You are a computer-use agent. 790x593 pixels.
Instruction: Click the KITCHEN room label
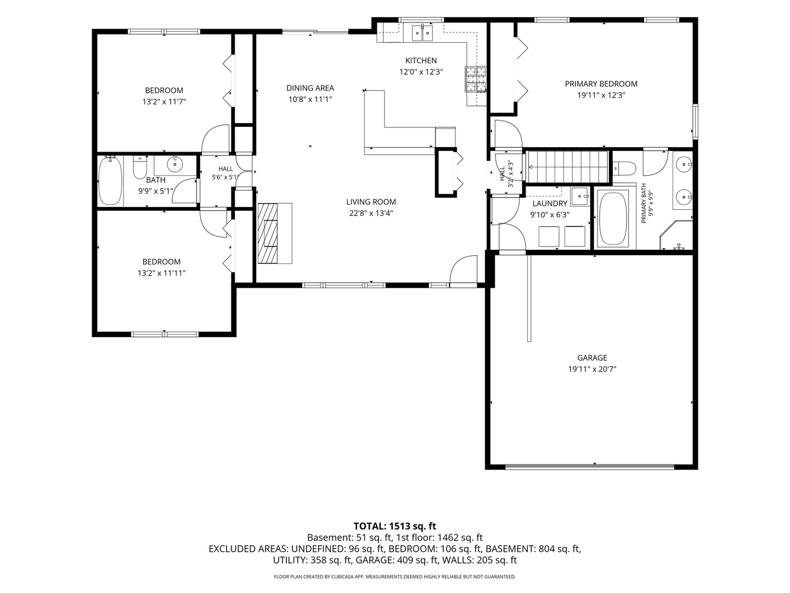[421, 60]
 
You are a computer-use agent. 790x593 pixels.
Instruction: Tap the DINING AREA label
[310, 88]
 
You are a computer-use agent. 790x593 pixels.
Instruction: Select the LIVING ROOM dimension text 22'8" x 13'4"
[371, 213]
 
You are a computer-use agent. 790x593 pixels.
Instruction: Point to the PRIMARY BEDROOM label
[601, 84]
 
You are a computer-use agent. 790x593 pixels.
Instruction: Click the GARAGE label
[592, 357]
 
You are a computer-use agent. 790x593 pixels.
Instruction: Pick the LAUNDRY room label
[550, 203]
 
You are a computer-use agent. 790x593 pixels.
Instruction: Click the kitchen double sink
[422, 33]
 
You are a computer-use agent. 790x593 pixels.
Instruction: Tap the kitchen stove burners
[476, 80]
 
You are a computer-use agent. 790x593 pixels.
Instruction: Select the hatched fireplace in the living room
[268, 234]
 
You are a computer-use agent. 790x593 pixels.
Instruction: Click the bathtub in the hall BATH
[110, 181]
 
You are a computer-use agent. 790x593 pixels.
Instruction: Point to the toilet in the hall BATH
[140, 167]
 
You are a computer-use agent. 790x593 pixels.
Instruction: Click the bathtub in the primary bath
[613, 219]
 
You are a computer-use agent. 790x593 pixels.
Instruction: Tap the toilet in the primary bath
[624, 168]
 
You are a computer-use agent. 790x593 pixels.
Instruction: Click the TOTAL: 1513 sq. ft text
[395, 526]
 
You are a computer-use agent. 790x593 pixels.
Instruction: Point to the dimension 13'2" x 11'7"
[164, 102]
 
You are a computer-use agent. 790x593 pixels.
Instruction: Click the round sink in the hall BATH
[175, 165]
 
